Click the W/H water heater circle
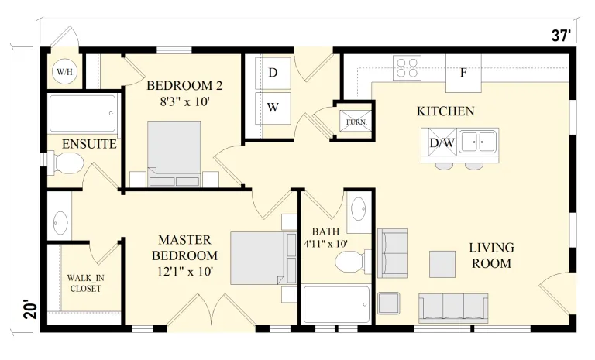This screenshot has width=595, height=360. tap(64, 71)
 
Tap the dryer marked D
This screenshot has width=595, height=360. tap(273, 73)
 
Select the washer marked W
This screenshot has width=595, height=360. tap(273, 108)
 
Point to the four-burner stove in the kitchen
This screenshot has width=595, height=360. tap(408, 67)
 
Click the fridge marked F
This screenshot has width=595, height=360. tap(463, 73)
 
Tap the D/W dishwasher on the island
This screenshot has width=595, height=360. tap(442, 142)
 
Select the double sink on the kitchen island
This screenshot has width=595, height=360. tap(477, 141)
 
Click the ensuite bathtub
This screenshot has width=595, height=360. tap(83, 114)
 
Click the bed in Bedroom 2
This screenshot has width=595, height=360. tap(174, 153)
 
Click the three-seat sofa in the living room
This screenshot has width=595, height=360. tap(453, 307)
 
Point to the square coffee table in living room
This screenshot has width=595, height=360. tap(442, 264)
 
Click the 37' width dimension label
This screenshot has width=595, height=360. tap(561, 36)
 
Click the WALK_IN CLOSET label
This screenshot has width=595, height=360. tap(85, 283)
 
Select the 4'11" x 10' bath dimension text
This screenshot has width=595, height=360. tap(325, 244)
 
